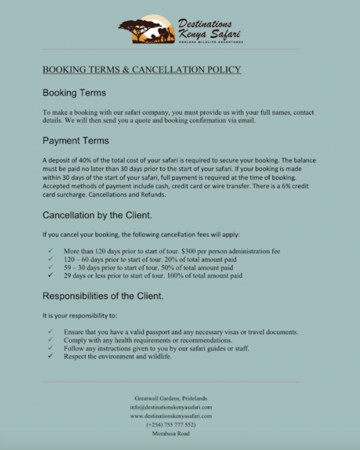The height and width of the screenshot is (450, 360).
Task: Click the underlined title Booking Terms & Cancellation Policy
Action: [x=142, y=69]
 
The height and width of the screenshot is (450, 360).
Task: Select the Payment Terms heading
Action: [x=76, y=140]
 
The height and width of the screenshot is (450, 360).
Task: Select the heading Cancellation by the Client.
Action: [x=97, y=215]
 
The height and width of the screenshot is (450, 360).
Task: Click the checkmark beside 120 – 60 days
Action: [x=51, y=259]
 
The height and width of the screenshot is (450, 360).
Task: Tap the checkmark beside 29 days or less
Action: [x=51, y=275]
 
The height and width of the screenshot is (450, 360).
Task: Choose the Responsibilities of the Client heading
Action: [x=103, y=296]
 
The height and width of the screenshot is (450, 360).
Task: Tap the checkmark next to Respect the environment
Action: [x=51, y=356]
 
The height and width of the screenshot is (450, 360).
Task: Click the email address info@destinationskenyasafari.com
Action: [x=171, y=407]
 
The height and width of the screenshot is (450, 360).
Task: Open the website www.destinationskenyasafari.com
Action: [x=171, y=416]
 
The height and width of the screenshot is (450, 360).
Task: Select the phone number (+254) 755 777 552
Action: [x=171, y=425]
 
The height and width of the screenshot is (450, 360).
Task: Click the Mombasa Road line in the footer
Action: [x=171, y=433]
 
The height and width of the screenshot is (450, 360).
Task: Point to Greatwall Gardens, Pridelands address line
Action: [x=171, y=398]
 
